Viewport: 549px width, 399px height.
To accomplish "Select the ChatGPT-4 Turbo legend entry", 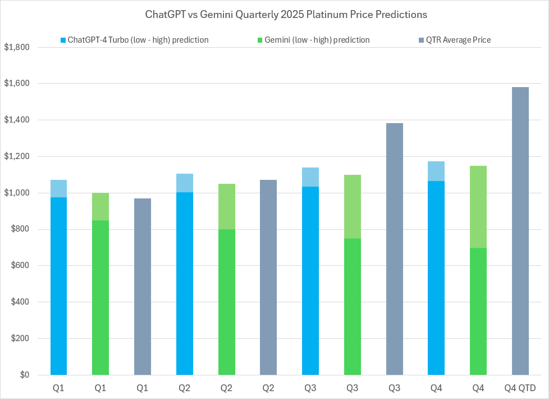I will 138,40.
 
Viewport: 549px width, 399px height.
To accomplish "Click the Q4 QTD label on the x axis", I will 520,388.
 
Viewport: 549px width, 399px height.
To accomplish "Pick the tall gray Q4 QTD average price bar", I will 520,230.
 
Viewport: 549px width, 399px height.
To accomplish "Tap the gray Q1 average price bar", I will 143,287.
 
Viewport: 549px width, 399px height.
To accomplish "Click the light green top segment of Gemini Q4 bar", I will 478,207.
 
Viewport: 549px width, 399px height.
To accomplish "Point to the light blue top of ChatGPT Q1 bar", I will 58,189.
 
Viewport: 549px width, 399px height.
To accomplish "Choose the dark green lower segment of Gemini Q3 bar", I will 353,306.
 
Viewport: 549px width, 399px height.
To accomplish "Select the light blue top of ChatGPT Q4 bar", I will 436,171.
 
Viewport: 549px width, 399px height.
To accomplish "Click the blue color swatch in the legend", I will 63,40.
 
